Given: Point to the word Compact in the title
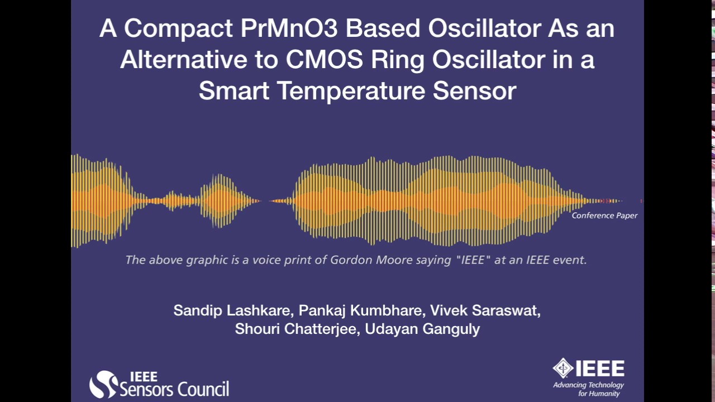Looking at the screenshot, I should (179, 29).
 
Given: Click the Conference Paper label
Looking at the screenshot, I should (604, 216).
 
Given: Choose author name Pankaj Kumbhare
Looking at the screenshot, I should (361, 310).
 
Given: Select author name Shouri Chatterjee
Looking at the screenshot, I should (297, 329).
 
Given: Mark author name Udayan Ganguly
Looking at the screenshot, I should (422, 329).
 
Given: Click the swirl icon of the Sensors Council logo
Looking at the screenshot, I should (103, 385).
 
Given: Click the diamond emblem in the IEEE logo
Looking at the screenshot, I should (563, 368).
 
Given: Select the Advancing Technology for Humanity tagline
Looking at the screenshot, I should (588, 389).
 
